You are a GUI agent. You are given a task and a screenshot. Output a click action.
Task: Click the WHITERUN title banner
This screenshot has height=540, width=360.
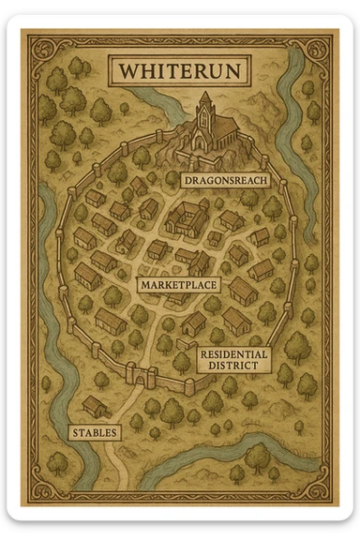179,70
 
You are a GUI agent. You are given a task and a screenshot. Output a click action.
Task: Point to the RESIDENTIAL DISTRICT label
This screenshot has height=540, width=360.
233,359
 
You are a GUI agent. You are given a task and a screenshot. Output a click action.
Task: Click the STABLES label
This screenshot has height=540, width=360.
95,432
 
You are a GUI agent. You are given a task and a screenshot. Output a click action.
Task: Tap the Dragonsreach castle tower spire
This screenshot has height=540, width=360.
205,97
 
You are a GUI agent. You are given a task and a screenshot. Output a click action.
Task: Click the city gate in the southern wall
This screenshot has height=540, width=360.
143,376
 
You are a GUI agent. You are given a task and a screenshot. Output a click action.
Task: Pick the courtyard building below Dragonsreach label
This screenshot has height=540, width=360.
187,218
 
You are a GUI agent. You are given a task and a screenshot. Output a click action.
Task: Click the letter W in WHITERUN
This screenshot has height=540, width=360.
126,70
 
